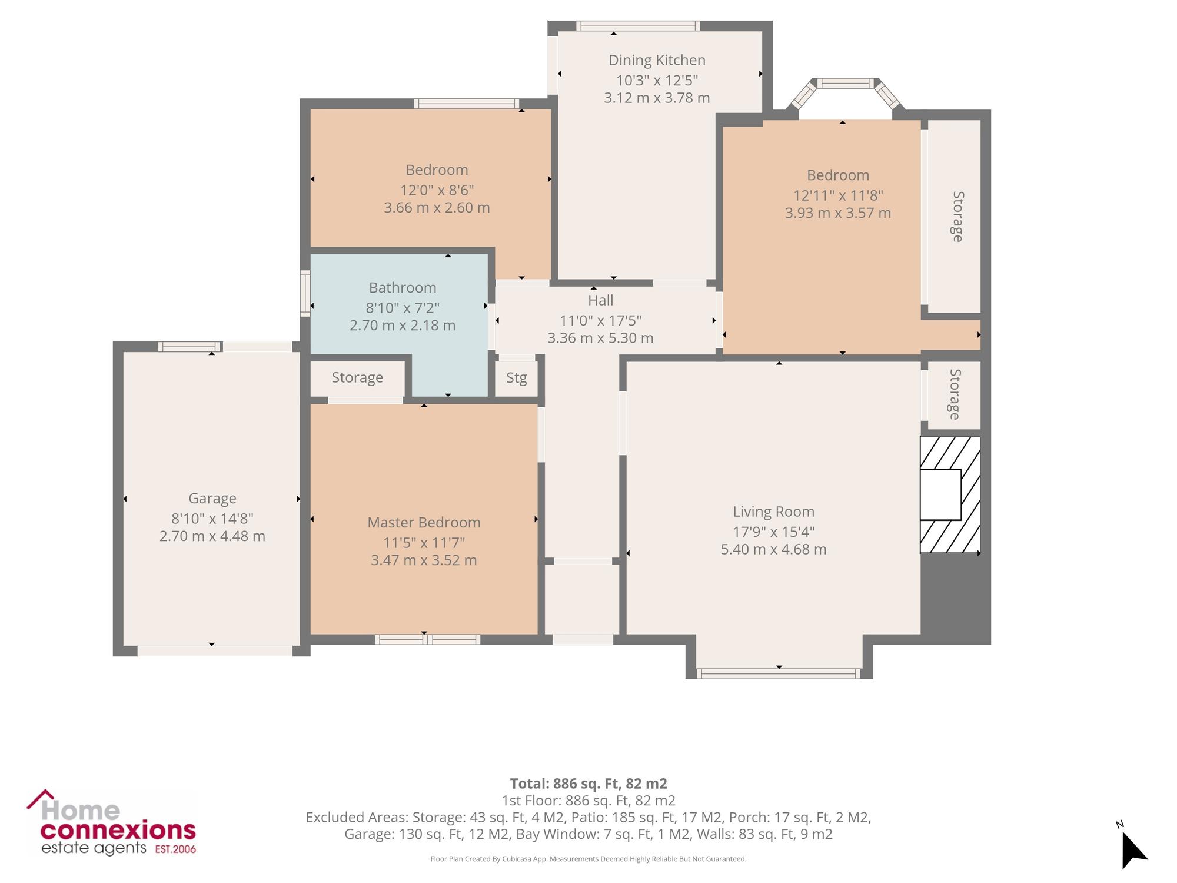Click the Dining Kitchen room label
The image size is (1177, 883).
pyautogui.click(x=657, y=60)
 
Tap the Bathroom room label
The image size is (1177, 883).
pyautogui.click(x=403, y=288)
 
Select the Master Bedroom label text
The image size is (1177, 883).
pyautogui.click(x=424, y=523)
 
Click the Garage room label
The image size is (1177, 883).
pyautogui.click(x=212, y=499)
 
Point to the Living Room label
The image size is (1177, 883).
pyautogui.click(x=773, y=512)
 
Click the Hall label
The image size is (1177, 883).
pyautogui.click(x=600, y=300)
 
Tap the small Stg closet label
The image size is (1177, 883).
pyautogui.click(x=517, y=378)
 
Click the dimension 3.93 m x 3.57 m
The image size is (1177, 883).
pyautogui.click(x=838, y=213)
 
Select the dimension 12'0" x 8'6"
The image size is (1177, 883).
pyautogui.click(x=437, y=190)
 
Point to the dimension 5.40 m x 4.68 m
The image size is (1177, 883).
pyautogui.click(x=773, y=549)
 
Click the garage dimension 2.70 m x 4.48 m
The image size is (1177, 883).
pyautogui.click(x=212, y=536)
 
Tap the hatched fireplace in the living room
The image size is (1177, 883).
pyautogui.click(x=950, y=494)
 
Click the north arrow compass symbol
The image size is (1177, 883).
pyautogui.click(x=1133, y=845)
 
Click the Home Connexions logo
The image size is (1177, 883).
pyautogui.click(x=112, y=822)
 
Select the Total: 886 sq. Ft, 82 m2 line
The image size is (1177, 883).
pyautogui.click(x=588, y=784)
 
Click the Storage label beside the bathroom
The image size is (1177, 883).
pyautogui.click(x=357, y=378)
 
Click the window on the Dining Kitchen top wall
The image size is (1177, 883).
pyautogui.click(x=638, y=26)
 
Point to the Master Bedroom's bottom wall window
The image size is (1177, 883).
pyautogui.click(x=428, y=640)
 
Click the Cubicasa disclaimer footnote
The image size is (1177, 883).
pyautogui.click(x=588, y=859)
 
